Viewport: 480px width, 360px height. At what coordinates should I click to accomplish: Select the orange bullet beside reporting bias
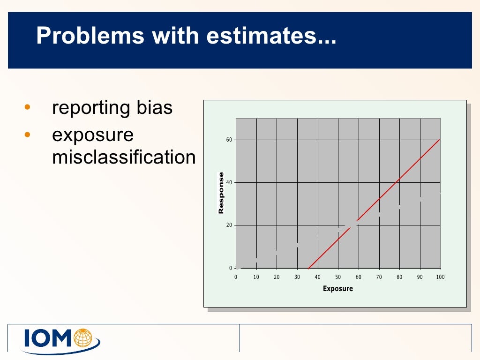[x=27, y=107]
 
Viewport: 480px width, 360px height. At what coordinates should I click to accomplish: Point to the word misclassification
[x=124, y=157]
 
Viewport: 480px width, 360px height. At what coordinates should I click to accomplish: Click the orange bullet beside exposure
[x=27, y=135]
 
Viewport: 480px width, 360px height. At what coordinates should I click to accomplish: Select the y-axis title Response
[x=221, y=193]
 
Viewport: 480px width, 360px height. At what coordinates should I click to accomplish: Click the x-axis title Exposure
[x=337, y=289]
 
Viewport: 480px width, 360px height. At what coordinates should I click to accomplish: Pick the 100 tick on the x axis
[x=440, y=277]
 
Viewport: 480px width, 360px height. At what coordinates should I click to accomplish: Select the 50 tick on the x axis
[x=338, y=277]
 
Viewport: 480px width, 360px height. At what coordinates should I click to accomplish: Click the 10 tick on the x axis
[x=256, y=277]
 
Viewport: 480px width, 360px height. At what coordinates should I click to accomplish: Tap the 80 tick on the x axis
[x=399, y=277]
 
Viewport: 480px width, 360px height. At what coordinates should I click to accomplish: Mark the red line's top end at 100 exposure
[x=440, y=140]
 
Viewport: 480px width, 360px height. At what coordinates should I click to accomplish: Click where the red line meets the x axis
[x=308, y=268]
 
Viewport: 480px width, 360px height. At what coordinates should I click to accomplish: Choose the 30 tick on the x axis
[x=297, y=277]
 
